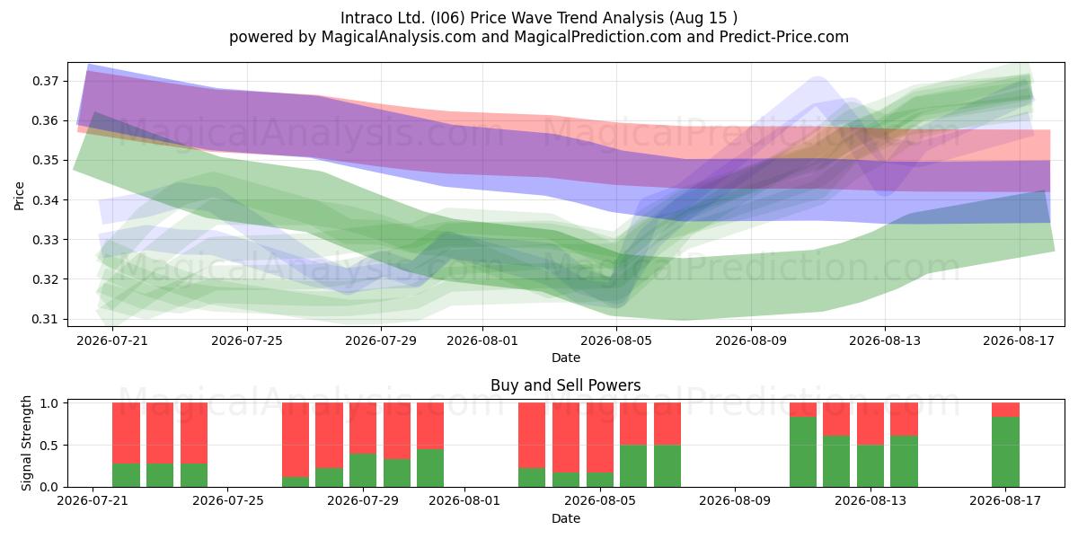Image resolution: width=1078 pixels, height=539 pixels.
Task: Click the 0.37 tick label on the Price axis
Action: (x=45, y=81)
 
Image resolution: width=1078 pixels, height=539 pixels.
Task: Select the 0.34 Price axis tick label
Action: (x=45, y=199)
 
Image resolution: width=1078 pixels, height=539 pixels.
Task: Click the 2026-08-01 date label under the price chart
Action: (x=482, y=340)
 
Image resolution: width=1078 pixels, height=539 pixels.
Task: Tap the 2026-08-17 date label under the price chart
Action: (x=1019, y=340)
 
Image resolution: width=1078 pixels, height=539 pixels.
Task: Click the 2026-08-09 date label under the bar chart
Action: (x=735, y=501)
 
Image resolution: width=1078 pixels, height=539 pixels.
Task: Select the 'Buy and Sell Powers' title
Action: (x=565, y=385)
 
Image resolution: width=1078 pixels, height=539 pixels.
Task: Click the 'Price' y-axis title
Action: (x=19, y=196)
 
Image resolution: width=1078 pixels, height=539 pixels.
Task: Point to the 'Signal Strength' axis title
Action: (x=26, y=443)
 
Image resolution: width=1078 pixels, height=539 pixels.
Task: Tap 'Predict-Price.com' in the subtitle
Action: (x=784, y=37)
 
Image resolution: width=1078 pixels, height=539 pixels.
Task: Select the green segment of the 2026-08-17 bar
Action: (x=1005, y=452)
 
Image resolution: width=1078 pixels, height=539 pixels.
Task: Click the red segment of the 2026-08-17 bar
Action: (x=1005, y=410)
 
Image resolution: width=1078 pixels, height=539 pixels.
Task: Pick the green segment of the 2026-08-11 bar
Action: (x=803, y=452)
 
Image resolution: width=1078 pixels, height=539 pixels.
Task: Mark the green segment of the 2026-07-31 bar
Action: (x=430, y=468)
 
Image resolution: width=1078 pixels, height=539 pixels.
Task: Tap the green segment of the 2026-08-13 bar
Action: (x=870, y=466)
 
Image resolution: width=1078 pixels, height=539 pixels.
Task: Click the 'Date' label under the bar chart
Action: (x=565, y=519)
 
